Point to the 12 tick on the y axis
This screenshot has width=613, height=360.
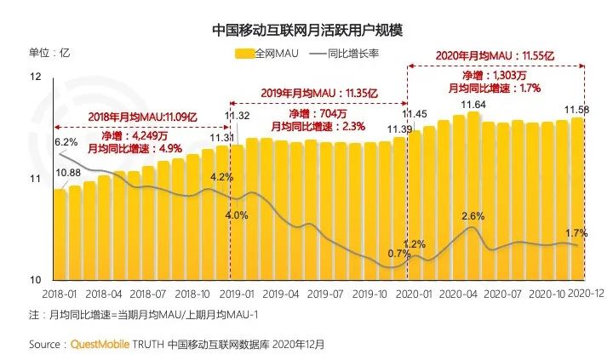pyautogui.click(x=35, y=77)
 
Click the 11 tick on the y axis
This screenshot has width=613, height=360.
pyautogui.click(x=35, y=180)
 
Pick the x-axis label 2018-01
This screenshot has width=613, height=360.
pyautogui.click(x=60, y=294)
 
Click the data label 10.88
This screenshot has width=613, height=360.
pyautogui.click(x=68, y=174)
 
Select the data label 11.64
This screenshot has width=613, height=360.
pyautogui.click(x=473, y=105)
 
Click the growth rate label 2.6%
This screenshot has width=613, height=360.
pyautogui.click(x=473, y=216)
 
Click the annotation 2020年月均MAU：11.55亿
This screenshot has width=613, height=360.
pyautogui.click(x=495, y=54)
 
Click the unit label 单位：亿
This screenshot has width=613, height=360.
pyautogui.click(x=49, y=53)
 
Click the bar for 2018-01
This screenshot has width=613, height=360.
pyautogui.click(x=60, y=234)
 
